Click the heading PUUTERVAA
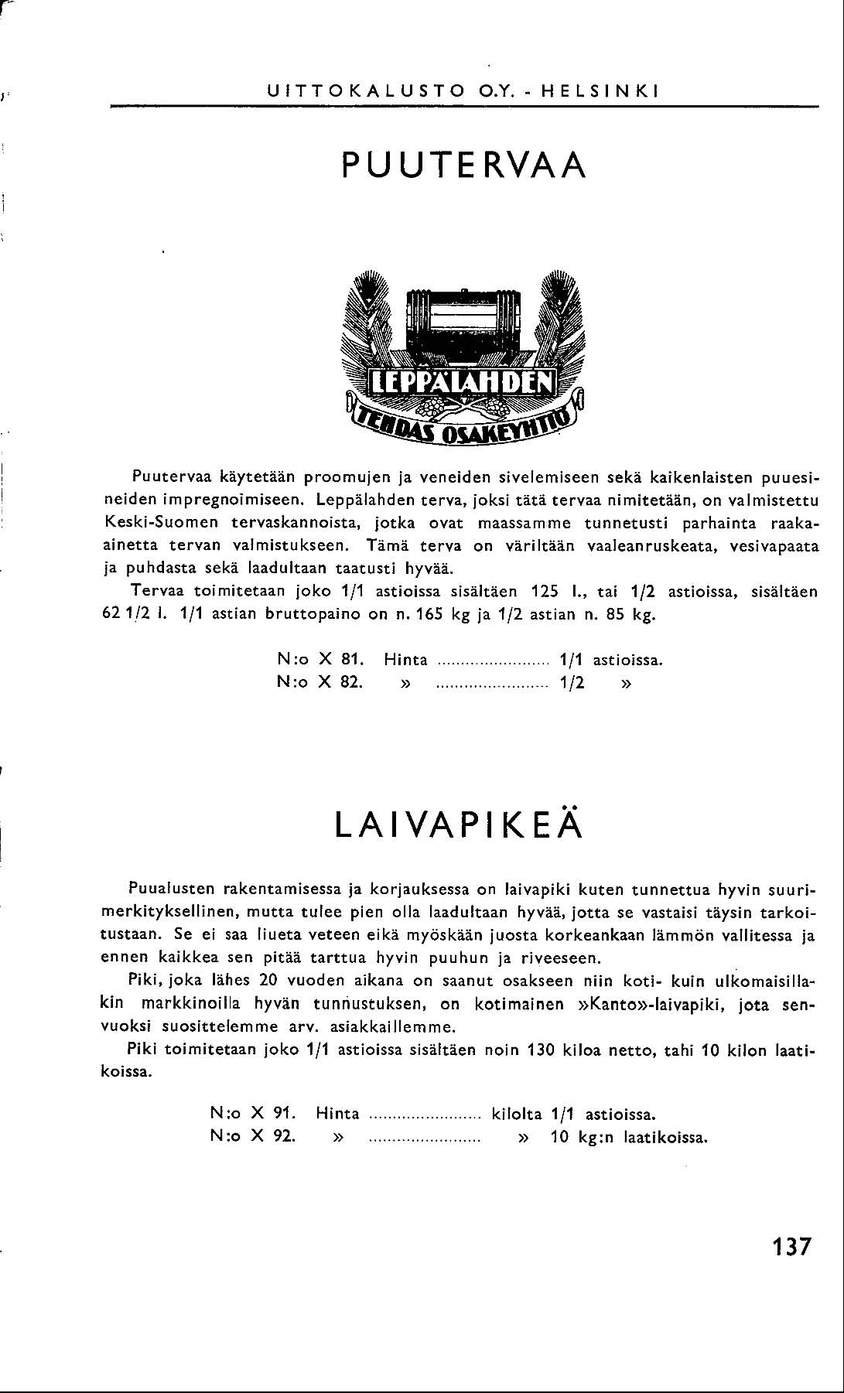(463, 164)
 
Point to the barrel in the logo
(463, 324)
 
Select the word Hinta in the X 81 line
(406, 660)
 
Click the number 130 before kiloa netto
(540, 1050)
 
